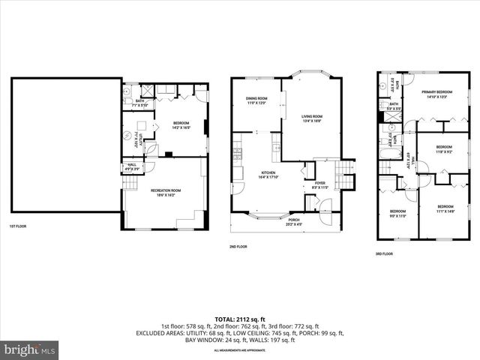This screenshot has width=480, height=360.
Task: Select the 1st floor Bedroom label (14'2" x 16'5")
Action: click(181, 125)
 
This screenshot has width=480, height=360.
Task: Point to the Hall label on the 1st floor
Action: click(132, 166)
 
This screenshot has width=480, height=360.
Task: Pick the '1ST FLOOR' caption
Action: click(18, 226)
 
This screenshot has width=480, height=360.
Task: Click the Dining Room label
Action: click(256, 100)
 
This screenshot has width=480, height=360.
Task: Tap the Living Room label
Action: click(312, 118)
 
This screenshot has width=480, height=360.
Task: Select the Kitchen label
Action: click(268, 175)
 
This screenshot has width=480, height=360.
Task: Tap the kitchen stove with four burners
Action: click(238, 155)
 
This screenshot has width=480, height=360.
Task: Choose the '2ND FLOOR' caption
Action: click(238, 246)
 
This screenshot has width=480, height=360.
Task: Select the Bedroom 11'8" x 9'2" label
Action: click(444, 148)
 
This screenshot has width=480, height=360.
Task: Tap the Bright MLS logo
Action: click(30, 349)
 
